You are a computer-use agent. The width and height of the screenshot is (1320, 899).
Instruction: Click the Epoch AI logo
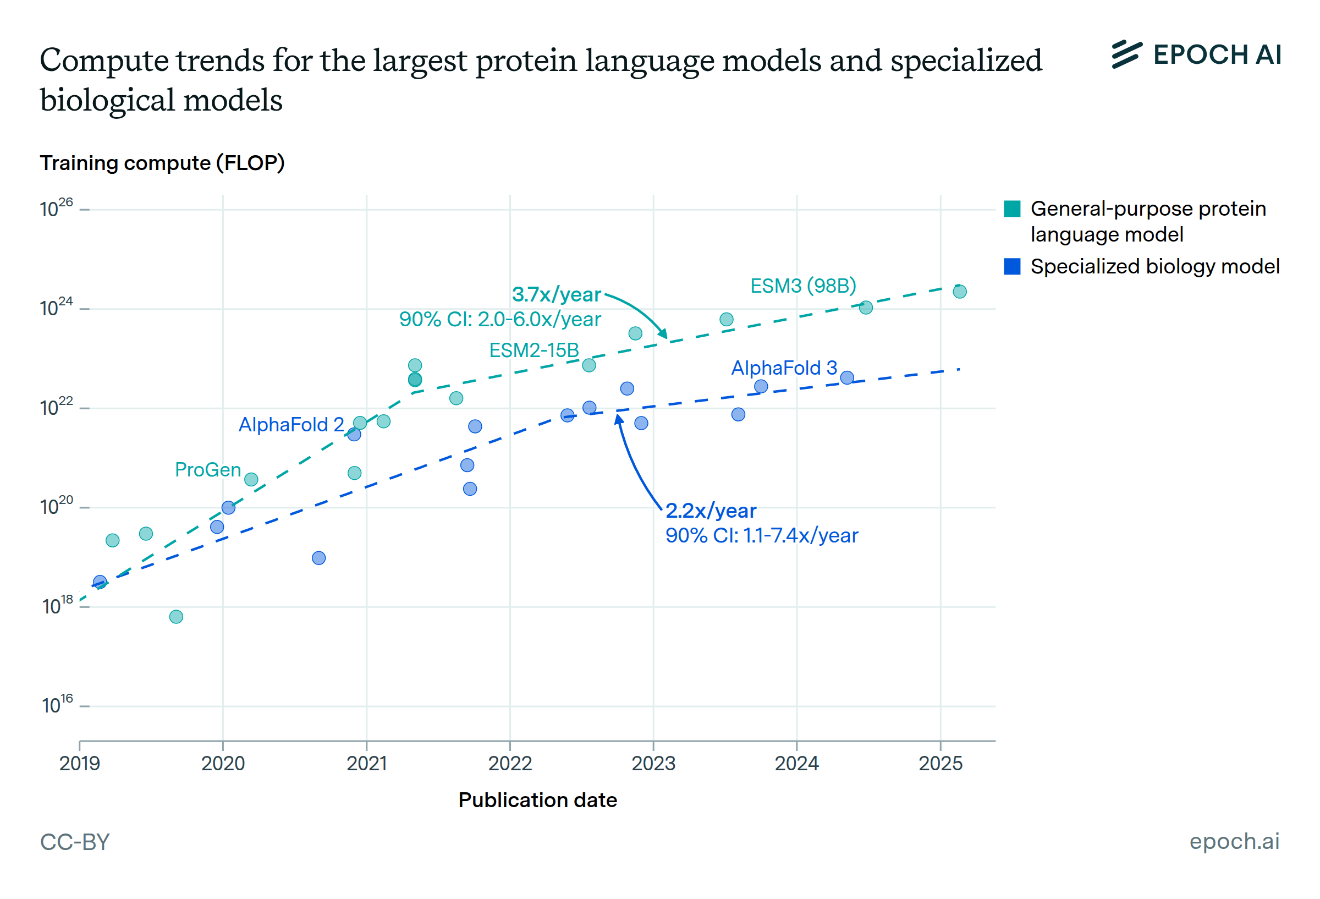click(1196, 55)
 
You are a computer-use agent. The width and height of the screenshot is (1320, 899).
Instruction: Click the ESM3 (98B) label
click(802, 286)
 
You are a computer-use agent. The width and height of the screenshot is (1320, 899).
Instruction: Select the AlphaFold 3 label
click(783, 368)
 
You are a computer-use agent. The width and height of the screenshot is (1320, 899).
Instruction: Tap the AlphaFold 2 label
click(291, 425)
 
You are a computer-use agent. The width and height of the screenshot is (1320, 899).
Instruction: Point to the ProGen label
click(208, 469)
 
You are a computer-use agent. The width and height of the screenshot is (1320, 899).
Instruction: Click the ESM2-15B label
click(533, 350)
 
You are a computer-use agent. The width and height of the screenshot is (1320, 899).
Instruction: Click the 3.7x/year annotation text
click(556, 294)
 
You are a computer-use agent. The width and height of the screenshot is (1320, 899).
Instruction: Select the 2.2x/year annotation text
click(710, 511)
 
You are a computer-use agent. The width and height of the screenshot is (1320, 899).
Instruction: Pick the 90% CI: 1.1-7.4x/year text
click(761, 535)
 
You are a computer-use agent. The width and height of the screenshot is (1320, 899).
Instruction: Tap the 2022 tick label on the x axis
click(509, 763)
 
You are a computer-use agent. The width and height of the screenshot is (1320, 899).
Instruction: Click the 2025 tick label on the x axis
click(940, 763)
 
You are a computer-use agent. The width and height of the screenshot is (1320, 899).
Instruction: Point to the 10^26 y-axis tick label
click(56, 209)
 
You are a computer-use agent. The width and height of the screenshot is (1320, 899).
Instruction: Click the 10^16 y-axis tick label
click(57, 705)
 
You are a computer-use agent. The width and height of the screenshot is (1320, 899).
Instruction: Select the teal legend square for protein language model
click(1011, 209)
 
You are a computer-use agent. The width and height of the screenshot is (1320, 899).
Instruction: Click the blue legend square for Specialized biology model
click(1011, 266)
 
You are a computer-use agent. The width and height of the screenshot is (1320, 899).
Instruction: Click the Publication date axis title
click(537, 800)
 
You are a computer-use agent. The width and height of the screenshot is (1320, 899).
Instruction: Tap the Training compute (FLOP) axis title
click(162, 163)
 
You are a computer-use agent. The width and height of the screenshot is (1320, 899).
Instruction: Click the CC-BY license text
click(74, 842)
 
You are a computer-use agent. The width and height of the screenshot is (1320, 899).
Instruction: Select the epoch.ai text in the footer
click(1234, 841)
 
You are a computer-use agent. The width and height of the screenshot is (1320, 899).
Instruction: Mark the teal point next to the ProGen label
click(251, 480)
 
